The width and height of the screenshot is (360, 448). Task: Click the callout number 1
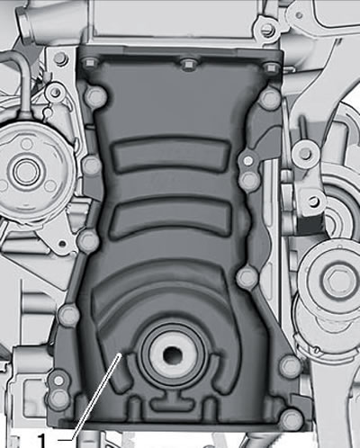pos(42,440)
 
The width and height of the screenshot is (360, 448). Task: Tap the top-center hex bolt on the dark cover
pos(189,64)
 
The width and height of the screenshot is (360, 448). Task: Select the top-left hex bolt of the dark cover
pos(89,63)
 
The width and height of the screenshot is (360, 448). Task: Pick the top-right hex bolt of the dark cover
pos(271,67)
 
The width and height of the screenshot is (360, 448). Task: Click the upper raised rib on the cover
pos(171,156)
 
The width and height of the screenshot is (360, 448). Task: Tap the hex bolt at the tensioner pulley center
pos(335,280)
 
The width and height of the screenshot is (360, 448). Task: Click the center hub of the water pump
pos(25,171)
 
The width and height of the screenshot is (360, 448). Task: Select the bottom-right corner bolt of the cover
pos(292,419)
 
